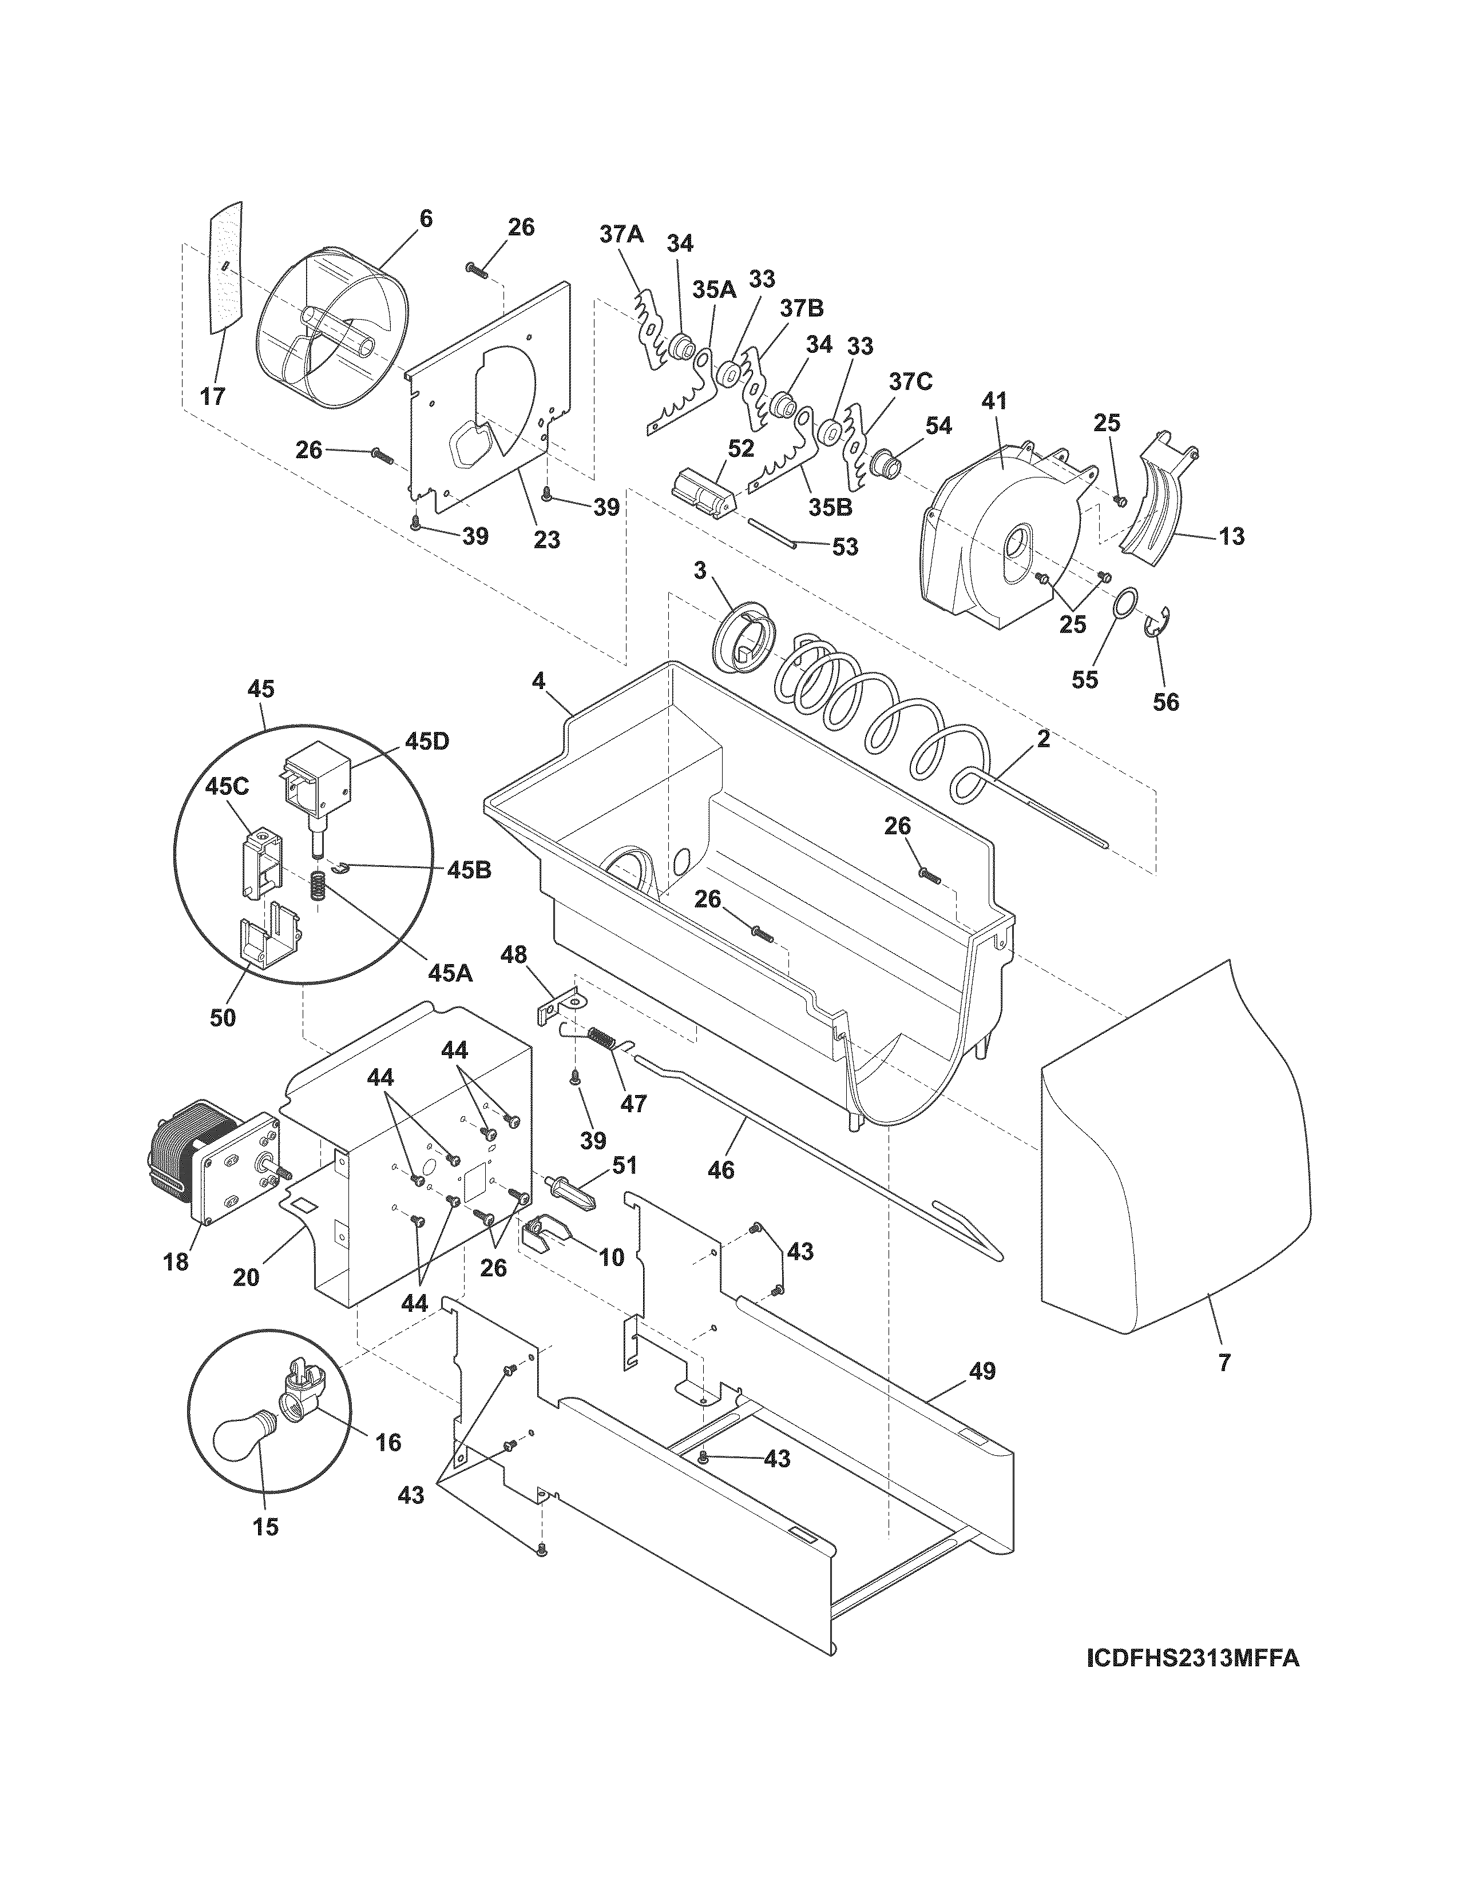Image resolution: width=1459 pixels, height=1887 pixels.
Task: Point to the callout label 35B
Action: pos(831,508)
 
